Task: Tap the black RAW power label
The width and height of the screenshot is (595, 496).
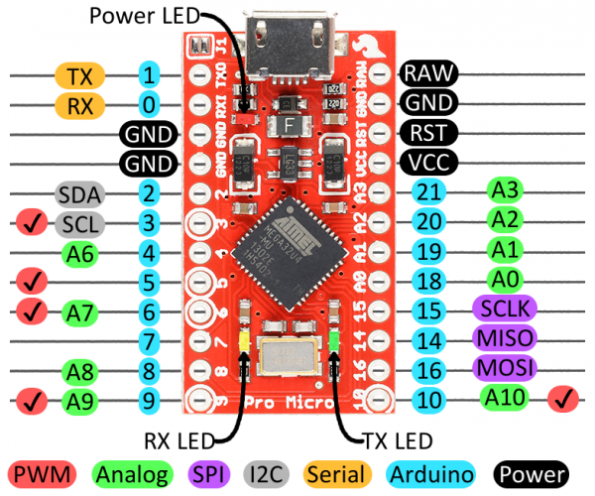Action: click(x=428, y=72)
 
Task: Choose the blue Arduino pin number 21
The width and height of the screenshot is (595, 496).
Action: click(x=428, y=192)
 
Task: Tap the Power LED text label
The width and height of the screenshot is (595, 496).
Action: click(x=144, y=16)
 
